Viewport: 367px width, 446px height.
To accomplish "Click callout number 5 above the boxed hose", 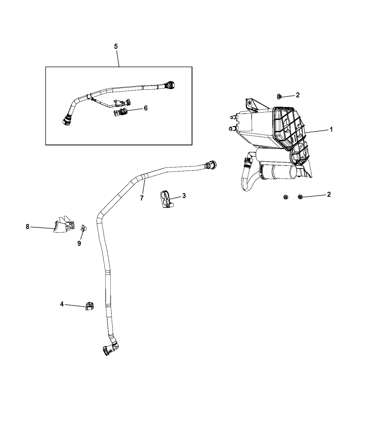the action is [116, 47].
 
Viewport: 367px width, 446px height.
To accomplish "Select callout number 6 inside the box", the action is [146, 108].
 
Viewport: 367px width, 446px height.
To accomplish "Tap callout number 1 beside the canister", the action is [331, 129].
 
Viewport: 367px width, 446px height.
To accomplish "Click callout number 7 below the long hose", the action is [142, 198].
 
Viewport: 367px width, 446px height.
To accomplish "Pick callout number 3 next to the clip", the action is [184, 196].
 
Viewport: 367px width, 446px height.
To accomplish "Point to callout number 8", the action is [27, 227].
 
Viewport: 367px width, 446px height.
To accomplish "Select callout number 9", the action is [79, 243].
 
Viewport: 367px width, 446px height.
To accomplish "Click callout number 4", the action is [62, 304].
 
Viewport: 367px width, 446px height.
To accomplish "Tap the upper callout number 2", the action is [297, 95].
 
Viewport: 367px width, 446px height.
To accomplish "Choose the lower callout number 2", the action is [329, 194].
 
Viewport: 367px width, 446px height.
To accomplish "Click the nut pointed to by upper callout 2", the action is [279, 97].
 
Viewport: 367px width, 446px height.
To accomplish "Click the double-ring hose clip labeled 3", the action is [167, 199].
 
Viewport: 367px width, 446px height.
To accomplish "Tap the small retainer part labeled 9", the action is [84, 228].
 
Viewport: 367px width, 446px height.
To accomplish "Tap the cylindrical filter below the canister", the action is [279, 171].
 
